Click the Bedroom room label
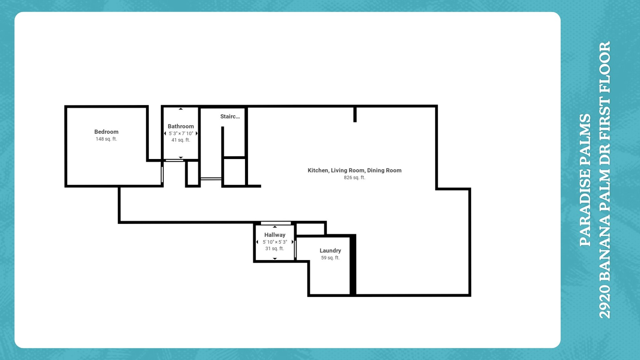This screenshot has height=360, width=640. tap(106, 132)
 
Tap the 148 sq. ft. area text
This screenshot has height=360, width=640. tap(106, 139)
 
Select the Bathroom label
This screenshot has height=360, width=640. tap(181, 126)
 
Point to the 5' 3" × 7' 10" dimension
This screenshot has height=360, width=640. tap(181, 133)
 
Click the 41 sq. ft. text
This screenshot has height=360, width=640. tap(181, 140)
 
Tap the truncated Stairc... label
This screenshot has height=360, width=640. tap(230, 116)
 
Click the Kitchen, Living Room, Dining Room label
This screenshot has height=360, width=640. tap(355, 170)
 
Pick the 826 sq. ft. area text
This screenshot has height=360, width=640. tap(355, 178)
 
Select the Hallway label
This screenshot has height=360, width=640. tap(275, 235)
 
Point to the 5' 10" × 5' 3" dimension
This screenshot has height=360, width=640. tap(275, 242)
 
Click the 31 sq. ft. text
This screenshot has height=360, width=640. tap(275, 249)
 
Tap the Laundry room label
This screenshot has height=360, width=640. tap(330, 251)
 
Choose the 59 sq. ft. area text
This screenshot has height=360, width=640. tap(330, 258)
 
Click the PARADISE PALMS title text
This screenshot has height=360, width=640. tap(585, 180)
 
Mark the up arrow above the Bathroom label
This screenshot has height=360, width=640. tap(181, 109)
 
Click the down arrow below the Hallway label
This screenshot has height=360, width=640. tap(275, 259)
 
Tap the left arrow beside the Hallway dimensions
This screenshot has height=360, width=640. tap(257, 242)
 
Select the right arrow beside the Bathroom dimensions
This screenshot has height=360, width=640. tap(197, 133)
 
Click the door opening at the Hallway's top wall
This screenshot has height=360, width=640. tap(276, 223)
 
